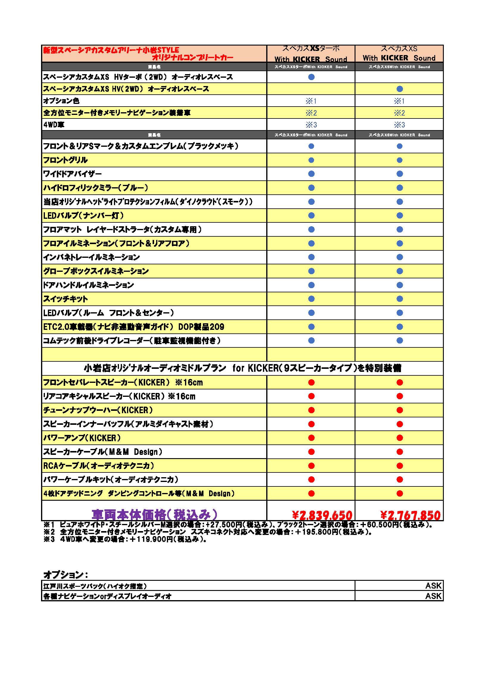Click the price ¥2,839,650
point(322,515)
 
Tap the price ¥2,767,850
point(410,515)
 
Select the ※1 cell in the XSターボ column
point(311,101)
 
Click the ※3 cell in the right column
point(399,125)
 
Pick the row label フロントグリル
point(65,160)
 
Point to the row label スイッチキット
point(65,299)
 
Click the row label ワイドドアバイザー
point(72,174)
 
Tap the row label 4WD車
point(54,125)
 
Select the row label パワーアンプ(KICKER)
point(82,438)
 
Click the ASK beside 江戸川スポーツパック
point(433,586)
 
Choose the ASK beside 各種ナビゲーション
point(433,596)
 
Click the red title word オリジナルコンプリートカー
point(192,57)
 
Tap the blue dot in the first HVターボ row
point(311,77)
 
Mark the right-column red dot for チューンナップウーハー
point(399,410)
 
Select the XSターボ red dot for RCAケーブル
point(311,466)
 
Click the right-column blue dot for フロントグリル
point(399,160)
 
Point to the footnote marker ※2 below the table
point(49,532)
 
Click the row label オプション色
point(61,101)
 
